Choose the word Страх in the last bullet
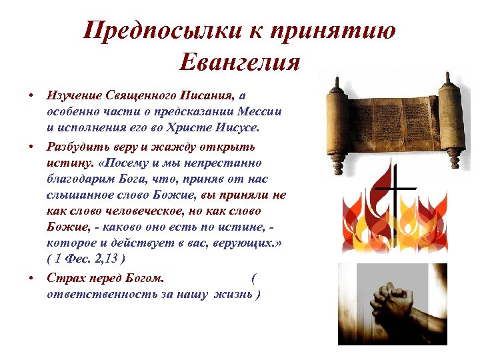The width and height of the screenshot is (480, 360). (x=63, y=276)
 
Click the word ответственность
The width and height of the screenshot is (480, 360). (x=93, y=293)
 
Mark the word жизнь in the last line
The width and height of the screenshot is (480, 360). (x=232, y=293)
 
